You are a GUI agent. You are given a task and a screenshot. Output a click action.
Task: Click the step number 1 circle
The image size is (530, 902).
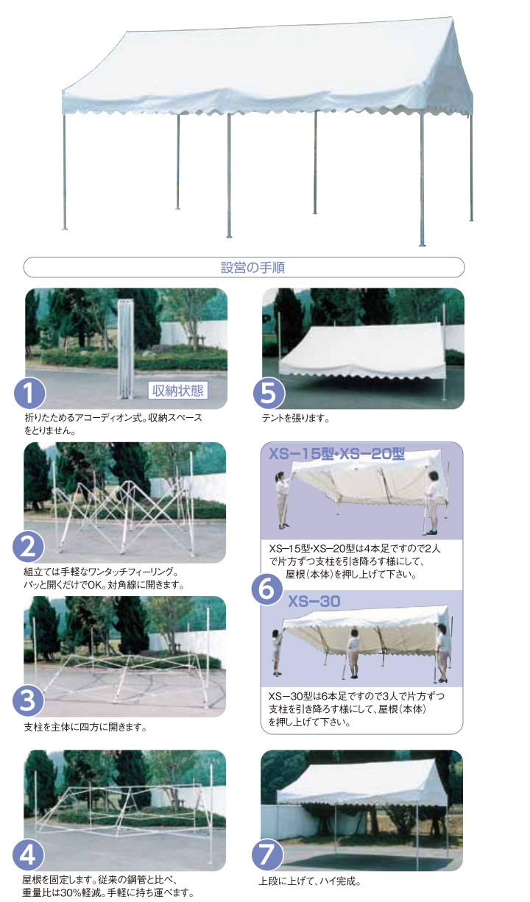click(x=29, y=394)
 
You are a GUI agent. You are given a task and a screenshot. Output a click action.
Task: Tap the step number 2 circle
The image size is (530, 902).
click(x=28, y=547)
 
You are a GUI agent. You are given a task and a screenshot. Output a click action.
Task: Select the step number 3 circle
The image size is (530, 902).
click(x=28, y=701)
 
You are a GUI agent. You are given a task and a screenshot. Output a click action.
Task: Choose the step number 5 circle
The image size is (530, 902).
click(x=269, y=394)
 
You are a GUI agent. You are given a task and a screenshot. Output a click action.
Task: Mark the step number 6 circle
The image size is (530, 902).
click(x=267, y=589)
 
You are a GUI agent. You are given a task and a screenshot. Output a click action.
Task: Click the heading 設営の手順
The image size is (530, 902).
click(x=252, y=267)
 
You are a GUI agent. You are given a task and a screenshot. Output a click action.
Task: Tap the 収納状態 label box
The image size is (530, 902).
click(x=177, y=390)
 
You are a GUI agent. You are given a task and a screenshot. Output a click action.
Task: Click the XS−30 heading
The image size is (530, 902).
click(x=314, y=601)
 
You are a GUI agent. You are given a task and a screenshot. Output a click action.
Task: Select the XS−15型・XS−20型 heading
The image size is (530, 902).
click(x=336, y=454)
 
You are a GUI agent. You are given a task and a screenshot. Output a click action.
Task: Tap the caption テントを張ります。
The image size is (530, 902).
click(x=295, y=419)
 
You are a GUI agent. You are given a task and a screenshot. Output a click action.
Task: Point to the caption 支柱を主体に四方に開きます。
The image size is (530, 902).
click(x=85, y=727)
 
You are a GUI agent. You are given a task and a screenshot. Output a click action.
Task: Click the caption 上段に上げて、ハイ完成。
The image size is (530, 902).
click(x=310, y=881)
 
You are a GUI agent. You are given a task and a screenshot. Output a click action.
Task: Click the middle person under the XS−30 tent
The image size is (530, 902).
click(x=353, y=653)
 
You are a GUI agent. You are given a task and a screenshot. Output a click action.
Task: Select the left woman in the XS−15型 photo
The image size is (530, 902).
click(x=282, y=500)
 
